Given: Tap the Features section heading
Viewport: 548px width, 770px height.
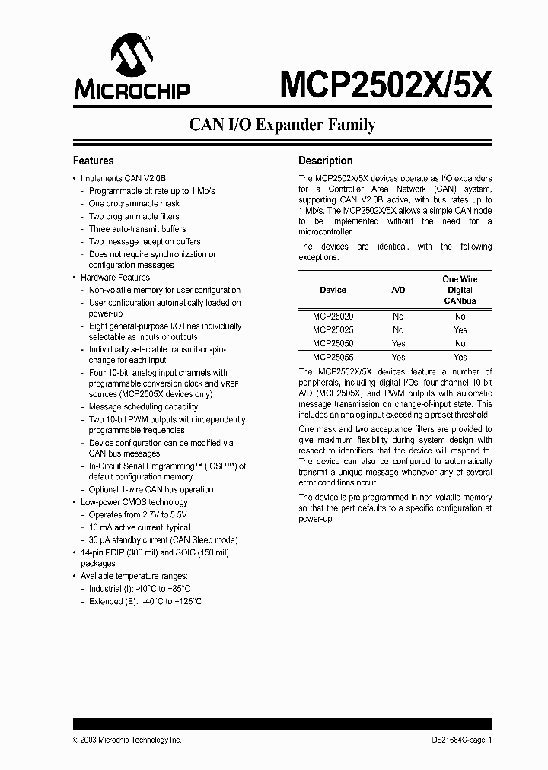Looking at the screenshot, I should [x=93, y=161].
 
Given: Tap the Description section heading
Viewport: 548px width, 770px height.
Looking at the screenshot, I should [x=325, y=161].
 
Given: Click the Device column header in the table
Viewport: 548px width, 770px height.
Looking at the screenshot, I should [x=333, y=290].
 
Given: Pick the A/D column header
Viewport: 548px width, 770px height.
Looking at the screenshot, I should [x=398, y=290].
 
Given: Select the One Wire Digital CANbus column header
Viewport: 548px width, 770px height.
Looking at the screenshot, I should [x=460, y=290].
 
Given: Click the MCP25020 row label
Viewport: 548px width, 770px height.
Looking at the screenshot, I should [x=333, y=317].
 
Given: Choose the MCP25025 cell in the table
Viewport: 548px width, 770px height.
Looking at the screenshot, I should [x=333, y=330].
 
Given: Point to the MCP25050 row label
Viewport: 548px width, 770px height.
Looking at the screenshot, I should [x=333, y=343].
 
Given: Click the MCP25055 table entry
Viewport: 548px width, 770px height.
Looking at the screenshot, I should [x=333, y=357].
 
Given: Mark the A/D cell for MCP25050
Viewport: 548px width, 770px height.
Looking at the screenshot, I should [x=398, y=343].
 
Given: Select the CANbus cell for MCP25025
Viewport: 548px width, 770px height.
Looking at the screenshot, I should [x=460, y=330].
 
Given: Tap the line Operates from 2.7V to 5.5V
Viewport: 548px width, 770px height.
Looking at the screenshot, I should [x=138, y=514].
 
